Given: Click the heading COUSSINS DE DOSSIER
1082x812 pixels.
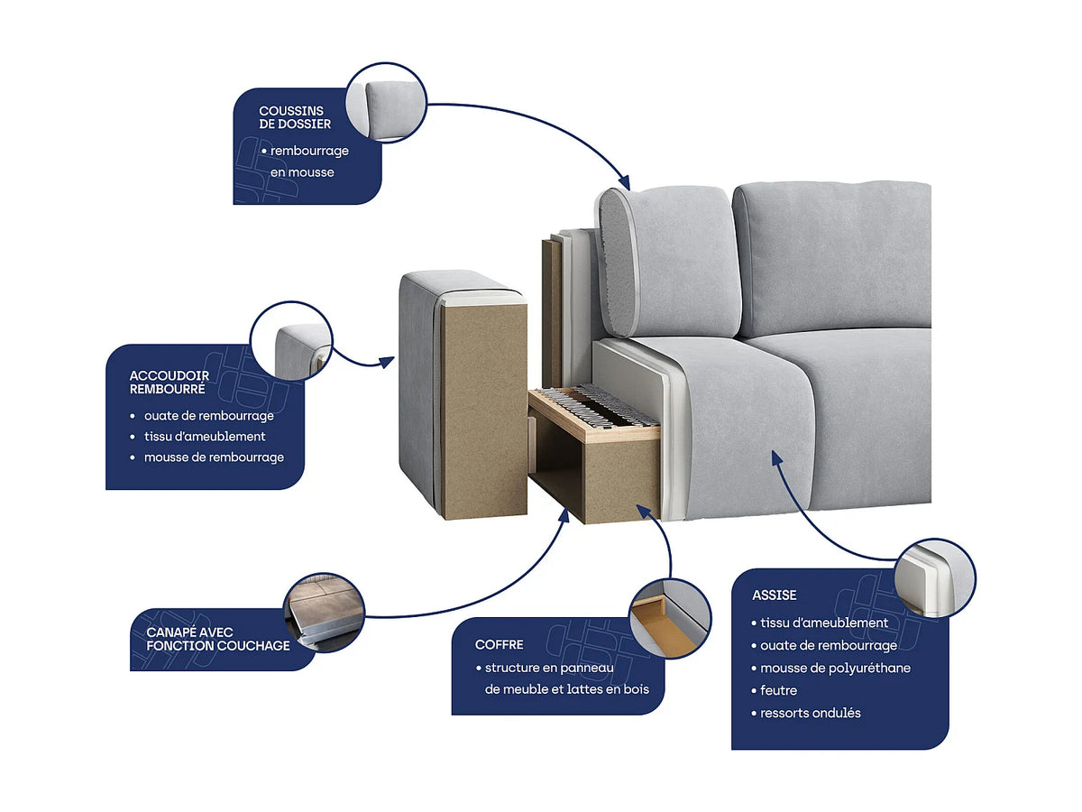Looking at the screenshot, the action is [295, 117].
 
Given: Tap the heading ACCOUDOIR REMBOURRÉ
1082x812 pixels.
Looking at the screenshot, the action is [170, 382].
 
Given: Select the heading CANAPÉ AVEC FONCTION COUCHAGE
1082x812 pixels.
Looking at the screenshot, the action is [218, 639].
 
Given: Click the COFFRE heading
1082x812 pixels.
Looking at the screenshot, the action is [499, 644].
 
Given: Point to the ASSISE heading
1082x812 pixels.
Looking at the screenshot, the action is [774, 595].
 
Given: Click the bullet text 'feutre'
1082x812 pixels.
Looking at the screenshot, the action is [778, 690].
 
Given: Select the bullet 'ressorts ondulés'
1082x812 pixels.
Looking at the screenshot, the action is [811, 713].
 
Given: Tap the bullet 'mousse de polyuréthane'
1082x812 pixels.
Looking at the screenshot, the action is [835, 668].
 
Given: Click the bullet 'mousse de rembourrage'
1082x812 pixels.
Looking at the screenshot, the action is [214, 457].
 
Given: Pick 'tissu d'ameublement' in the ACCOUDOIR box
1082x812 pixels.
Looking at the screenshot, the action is [205, 437].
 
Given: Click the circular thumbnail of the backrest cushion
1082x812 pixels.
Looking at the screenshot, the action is [386, 103].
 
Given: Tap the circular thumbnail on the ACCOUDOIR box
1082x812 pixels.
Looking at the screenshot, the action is [291, 341].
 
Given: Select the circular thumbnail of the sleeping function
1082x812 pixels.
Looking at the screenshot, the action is [325, 613].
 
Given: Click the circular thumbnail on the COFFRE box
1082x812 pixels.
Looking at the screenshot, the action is [671, 618].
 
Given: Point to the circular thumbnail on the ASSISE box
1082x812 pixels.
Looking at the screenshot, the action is [935, 577].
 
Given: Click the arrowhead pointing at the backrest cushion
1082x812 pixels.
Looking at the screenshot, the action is [625, 182].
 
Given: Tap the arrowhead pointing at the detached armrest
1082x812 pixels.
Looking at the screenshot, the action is [387, 363].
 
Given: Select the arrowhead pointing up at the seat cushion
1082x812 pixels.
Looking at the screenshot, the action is [777, 458].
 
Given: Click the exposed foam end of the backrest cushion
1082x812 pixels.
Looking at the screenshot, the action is [616, 262].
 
